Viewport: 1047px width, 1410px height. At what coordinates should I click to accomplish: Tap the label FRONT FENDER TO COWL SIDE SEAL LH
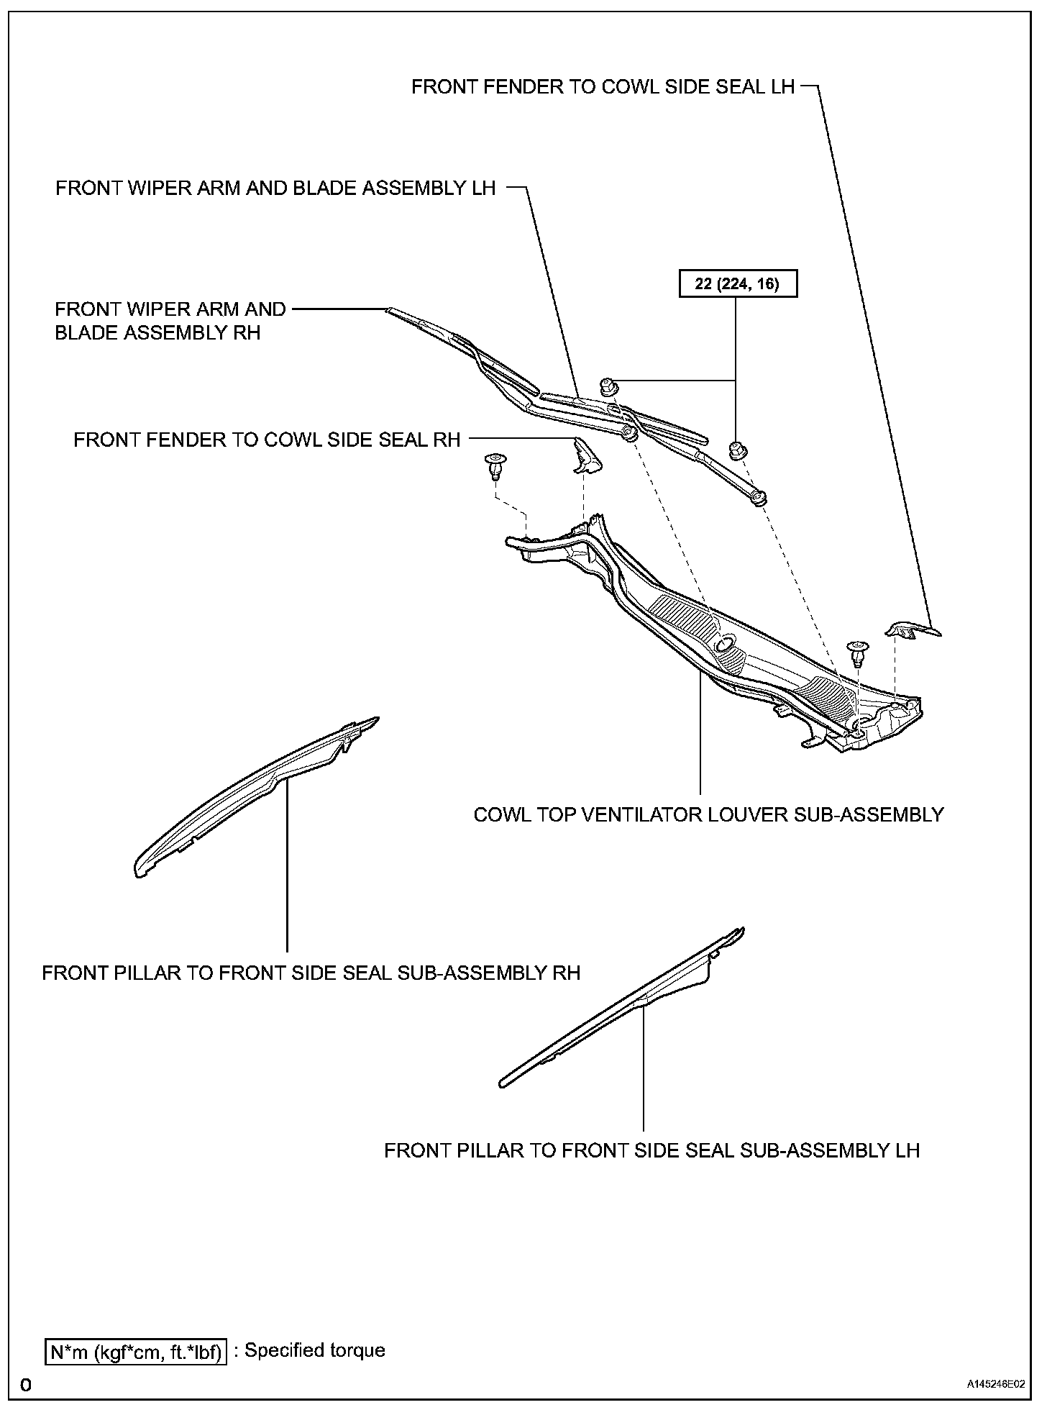[x=603, y=87]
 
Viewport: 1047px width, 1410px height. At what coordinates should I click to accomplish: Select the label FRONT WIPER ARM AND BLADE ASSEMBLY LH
[x=275, y=188]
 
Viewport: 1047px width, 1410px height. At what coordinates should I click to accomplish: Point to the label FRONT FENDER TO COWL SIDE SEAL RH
[x=267, y=440]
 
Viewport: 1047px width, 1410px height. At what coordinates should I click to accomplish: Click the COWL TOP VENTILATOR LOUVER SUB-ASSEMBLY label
[x=708, y=814]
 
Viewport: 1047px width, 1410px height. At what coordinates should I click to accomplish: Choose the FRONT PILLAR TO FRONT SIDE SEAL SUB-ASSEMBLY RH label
[x=311, y=973]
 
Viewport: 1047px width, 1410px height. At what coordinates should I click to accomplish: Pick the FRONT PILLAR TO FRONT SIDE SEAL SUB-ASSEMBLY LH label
[x=651, y=1150]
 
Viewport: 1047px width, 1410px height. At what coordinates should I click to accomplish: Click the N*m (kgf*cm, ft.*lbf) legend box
[x=136, y=1351]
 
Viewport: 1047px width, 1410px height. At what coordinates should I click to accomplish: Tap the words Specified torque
[x=315, y=1350]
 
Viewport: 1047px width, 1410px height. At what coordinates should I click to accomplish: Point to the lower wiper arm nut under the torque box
[x=737, y=450]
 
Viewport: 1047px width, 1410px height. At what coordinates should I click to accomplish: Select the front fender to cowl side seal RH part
[x=587, y=458]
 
